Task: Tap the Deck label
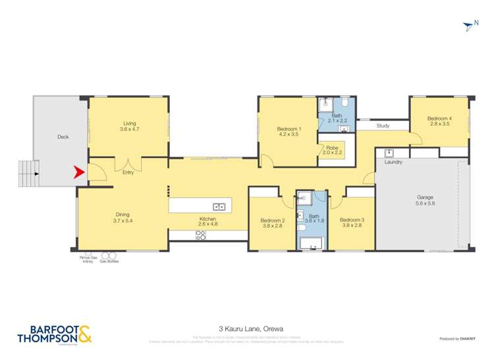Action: (x=63, y=137)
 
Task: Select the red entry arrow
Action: (x=78, y=172)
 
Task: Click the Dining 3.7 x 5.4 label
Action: (x=123, y=218)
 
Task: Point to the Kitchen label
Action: (x=208, y=222)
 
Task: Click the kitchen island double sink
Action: (x=219, y=207)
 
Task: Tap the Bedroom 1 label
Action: (x=288, y=131)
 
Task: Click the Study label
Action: (x=383, y=126)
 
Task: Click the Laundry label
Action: (x=393, y=162)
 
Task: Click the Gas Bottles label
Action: (x=109, y=261)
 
